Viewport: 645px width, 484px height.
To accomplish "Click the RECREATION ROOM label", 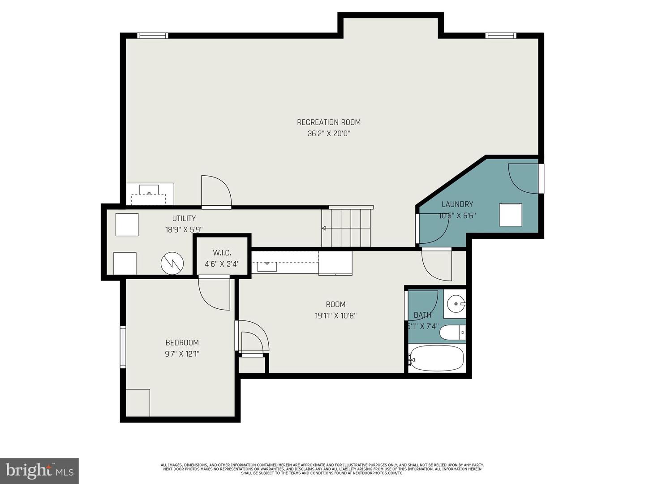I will (x=328, y=122).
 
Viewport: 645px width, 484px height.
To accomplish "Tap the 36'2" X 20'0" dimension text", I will (x=328, y=134).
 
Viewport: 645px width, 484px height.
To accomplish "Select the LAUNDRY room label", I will (x=457, y=204).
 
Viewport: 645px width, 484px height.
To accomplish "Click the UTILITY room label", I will (x=184, y=219).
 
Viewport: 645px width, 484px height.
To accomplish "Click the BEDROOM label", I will (x=182, y=343).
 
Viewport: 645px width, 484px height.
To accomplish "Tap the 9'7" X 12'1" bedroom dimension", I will (x=182, y=354).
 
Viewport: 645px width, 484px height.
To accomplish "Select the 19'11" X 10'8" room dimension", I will (x=335, y=315).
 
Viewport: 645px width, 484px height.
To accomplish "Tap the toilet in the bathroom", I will (x=453, y=333).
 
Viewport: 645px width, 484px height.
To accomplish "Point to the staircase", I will (x=347, y=227).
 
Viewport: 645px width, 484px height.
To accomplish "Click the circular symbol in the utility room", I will (x=172, y=263).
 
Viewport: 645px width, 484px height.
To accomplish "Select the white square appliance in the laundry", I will (x=511, y=215).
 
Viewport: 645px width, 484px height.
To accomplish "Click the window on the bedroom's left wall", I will (x=123, y=347).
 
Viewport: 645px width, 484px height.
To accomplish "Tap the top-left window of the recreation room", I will (x=152, y=36).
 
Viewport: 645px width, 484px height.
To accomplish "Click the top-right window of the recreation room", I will (x=501, y=36).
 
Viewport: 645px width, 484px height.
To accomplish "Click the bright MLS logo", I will (x=39, y=471).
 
